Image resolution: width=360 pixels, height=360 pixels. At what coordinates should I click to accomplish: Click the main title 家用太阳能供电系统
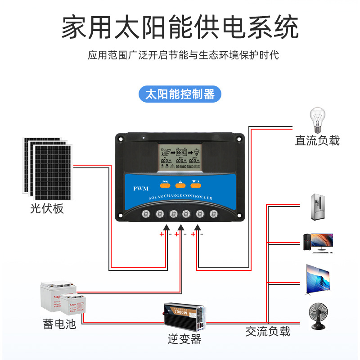point(180,28)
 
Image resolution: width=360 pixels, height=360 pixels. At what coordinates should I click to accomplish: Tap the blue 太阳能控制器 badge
point(180,94)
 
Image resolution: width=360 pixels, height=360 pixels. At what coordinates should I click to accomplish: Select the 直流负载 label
point(317,140)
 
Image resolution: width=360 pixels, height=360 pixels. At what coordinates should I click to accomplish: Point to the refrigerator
point(318,207)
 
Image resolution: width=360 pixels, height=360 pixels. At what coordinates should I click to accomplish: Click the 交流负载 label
point(268,332)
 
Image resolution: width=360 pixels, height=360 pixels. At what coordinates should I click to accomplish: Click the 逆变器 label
point(184,339)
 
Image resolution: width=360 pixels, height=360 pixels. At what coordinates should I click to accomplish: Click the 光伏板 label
point(47,208)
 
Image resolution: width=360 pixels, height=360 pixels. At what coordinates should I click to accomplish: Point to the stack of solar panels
point(47,167)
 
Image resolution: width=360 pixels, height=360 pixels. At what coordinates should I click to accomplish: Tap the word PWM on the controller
point(141,189)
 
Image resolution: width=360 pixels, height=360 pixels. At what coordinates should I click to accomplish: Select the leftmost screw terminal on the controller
point(146,214)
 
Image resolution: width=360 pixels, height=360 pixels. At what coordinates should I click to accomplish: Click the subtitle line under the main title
point(183,55)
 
